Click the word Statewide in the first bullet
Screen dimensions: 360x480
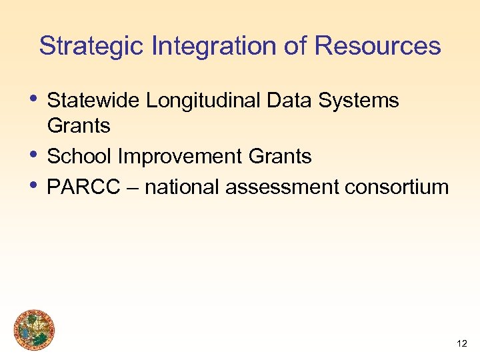94,101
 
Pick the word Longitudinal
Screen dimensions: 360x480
203,101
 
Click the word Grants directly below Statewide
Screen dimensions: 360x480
79,125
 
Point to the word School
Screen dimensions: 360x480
80,157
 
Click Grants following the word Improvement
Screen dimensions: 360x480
280,157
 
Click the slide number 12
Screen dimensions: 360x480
461,343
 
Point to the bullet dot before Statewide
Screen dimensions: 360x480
35,98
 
